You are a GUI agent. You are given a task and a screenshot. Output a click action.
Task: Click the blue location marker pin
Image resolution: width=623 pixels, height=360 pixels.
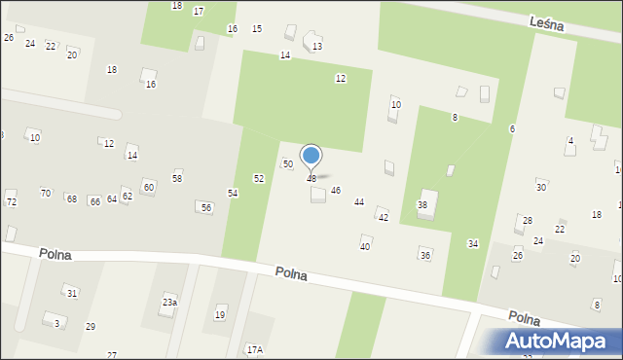pyautogui.click(x=311, y=157)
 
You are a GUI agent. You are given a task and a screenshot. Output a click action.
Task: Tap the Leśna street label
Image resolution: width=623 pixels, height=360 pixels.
pyautogui.click(x=547, y=25)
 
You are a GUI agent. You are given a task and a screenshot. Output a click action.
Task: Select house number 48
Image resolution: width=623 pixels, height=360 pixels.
pyautogui.click(x=311, y=179)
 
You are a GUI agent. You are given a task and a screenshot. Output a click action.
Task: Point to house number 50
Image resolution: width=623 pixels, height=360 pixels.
pyautogui.click(x=287, y=164)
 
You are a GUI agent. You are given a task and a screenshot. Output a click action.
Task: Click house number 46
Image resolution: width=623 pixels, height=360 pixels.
pyautogui.click(x=336, y=191)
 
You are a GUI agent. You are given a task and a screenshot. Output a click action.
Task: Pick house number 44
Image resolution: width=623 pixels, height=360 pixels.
pyautogui.click(x=359, y=202)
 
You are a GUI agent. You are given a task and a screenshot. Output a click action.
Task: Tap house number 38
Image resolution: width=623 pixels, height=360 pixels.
pyautogui.click(x=422, y=205)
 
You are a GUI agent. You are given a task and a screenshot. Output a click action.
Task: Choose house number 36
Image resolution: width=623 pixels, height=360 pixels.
pyautogui.click(x=425, y=255)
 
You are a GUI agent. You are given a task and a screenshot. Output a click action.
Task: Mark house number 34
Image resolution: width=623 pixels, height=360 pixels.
pyautogui.click(x=473, y=243)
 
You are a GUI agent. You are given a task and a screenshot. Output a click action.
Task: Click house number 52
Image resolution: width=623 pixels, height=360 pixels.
pyautogui.click(x=259, y=179)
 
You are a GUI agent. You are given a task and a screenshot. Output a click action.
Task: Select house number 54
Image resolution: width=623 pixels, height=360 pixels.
pyautogui.click(x=234, y=194)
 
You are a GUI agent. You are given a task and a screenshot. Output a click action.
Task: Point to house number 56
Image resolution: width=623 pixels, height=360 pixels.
pyautogui.click(x=205, y=208)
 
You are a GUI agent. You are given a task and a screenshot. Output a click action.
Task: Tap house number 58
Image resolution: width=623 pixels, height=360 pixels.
pyautogui.click(x=177, y=178)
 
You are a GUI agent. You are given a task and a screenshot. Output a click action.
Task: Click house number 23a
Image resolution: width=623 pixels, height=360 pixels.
pyautogui.click(x=169, y=303)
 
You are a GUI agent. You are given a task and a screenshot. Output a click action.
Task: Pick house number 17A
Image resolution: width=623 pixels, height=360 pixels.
pyautogui.click(x=254, y=349)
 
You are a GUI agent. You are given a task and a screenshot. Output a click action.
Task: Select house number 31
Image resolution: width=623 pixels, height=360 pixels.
pyautogui.click(x=71, y=293)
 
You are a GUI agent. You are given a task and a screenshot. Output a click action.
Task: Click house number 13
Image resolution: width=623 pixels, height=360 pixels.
pyautogui.click(x=317, y=47)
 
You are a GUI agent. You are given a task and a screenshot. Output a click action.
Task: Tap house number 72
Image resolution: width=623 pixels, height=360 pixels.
pyautogui.click(x=12, y=202)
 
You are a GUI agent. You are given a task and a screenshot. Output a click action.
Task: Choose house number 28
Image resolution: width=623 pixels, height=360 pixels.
pyautogui.click(x=528, y=221)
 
